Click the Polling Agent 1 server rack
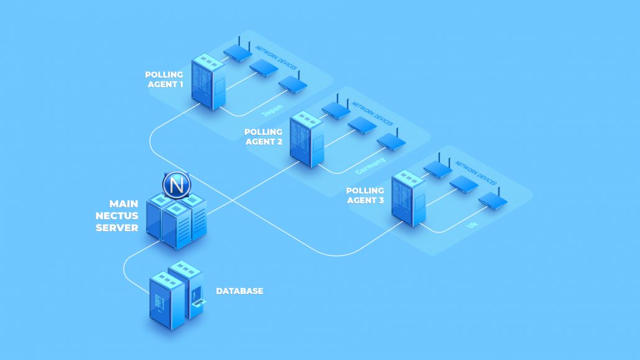click(x=207, y=81)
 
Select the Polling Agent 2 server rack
click(x=307, y=139)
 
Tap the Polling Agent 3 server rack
click(x=408, y=203)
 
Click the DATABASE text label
click(x=239, y=291)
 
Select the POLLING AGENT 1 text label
click(x=164, y=80)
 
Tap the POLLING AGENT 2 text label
click(x=263, y=137)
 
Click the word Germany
click(x=370, y=166)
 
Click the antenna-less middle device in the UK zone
click(x=464, y=183)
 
